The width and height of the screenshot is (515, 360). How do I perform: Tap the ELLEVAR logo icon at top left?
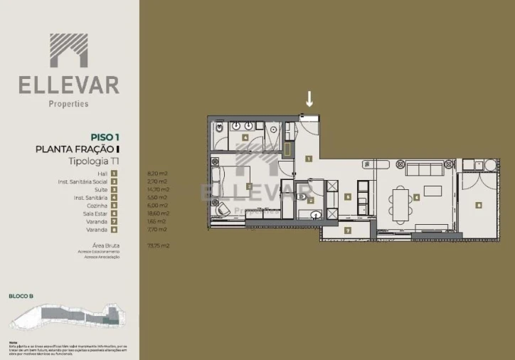69,51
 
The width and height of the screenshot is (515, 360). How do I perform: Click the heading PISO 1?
105,137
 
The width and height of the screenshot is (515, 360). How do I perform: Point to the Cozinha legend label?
96,205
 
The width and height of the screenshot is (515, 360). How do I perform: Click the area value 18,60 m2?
158,213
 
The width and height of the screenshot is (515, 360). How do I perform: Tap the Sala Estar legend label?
95,213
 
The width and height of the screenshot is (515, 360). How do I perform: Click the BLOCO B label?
21,295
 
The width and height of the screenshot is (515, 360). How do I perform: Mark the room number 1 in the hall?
309,158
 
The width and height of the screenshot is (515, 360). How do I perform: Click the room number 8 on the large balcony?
478,205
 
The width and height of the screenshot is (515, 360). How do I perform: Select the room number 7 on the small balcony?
347,231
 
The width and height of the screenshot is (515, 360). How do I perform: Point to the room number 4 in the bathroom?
245,137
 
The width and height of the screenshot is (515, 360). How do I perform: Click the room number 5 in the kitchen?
347,197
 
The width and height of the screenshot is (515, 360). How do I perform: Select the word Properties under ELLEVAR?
68,104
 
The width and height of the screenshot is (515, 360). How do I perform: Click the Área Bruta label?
94,245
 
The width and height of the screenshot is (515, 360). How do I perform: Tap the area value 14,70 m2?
158,189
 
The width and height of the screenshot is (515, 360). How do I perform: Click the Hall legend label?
102,173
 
